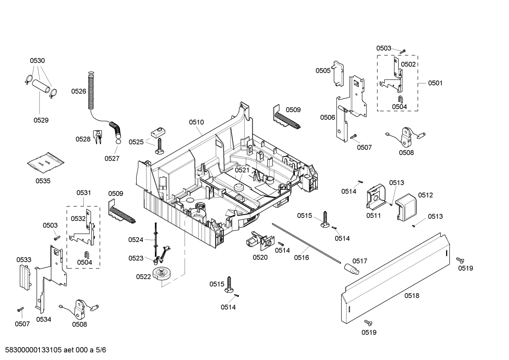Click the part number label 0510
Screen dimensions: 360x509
coord(196,122)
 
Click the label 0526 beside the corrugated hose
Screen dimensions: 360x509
coord(78,91)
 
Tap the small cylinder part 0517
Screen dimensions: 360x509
coord(351,269)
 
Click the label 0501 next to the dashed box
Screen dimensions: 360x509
coord(435,83)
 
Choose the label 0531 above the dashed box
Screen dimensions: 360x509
coord(84,193)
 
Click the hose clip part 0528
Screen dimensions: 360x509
coord(97,136)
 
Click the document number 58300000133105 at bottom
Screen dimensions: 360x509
coord(32,350)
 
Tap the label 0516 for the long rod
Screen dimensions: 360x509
coord(301,258)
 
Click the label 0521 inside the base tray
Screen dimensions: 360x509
coord(242,170)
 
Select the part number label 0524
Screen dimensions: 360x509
coord(136,240)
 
